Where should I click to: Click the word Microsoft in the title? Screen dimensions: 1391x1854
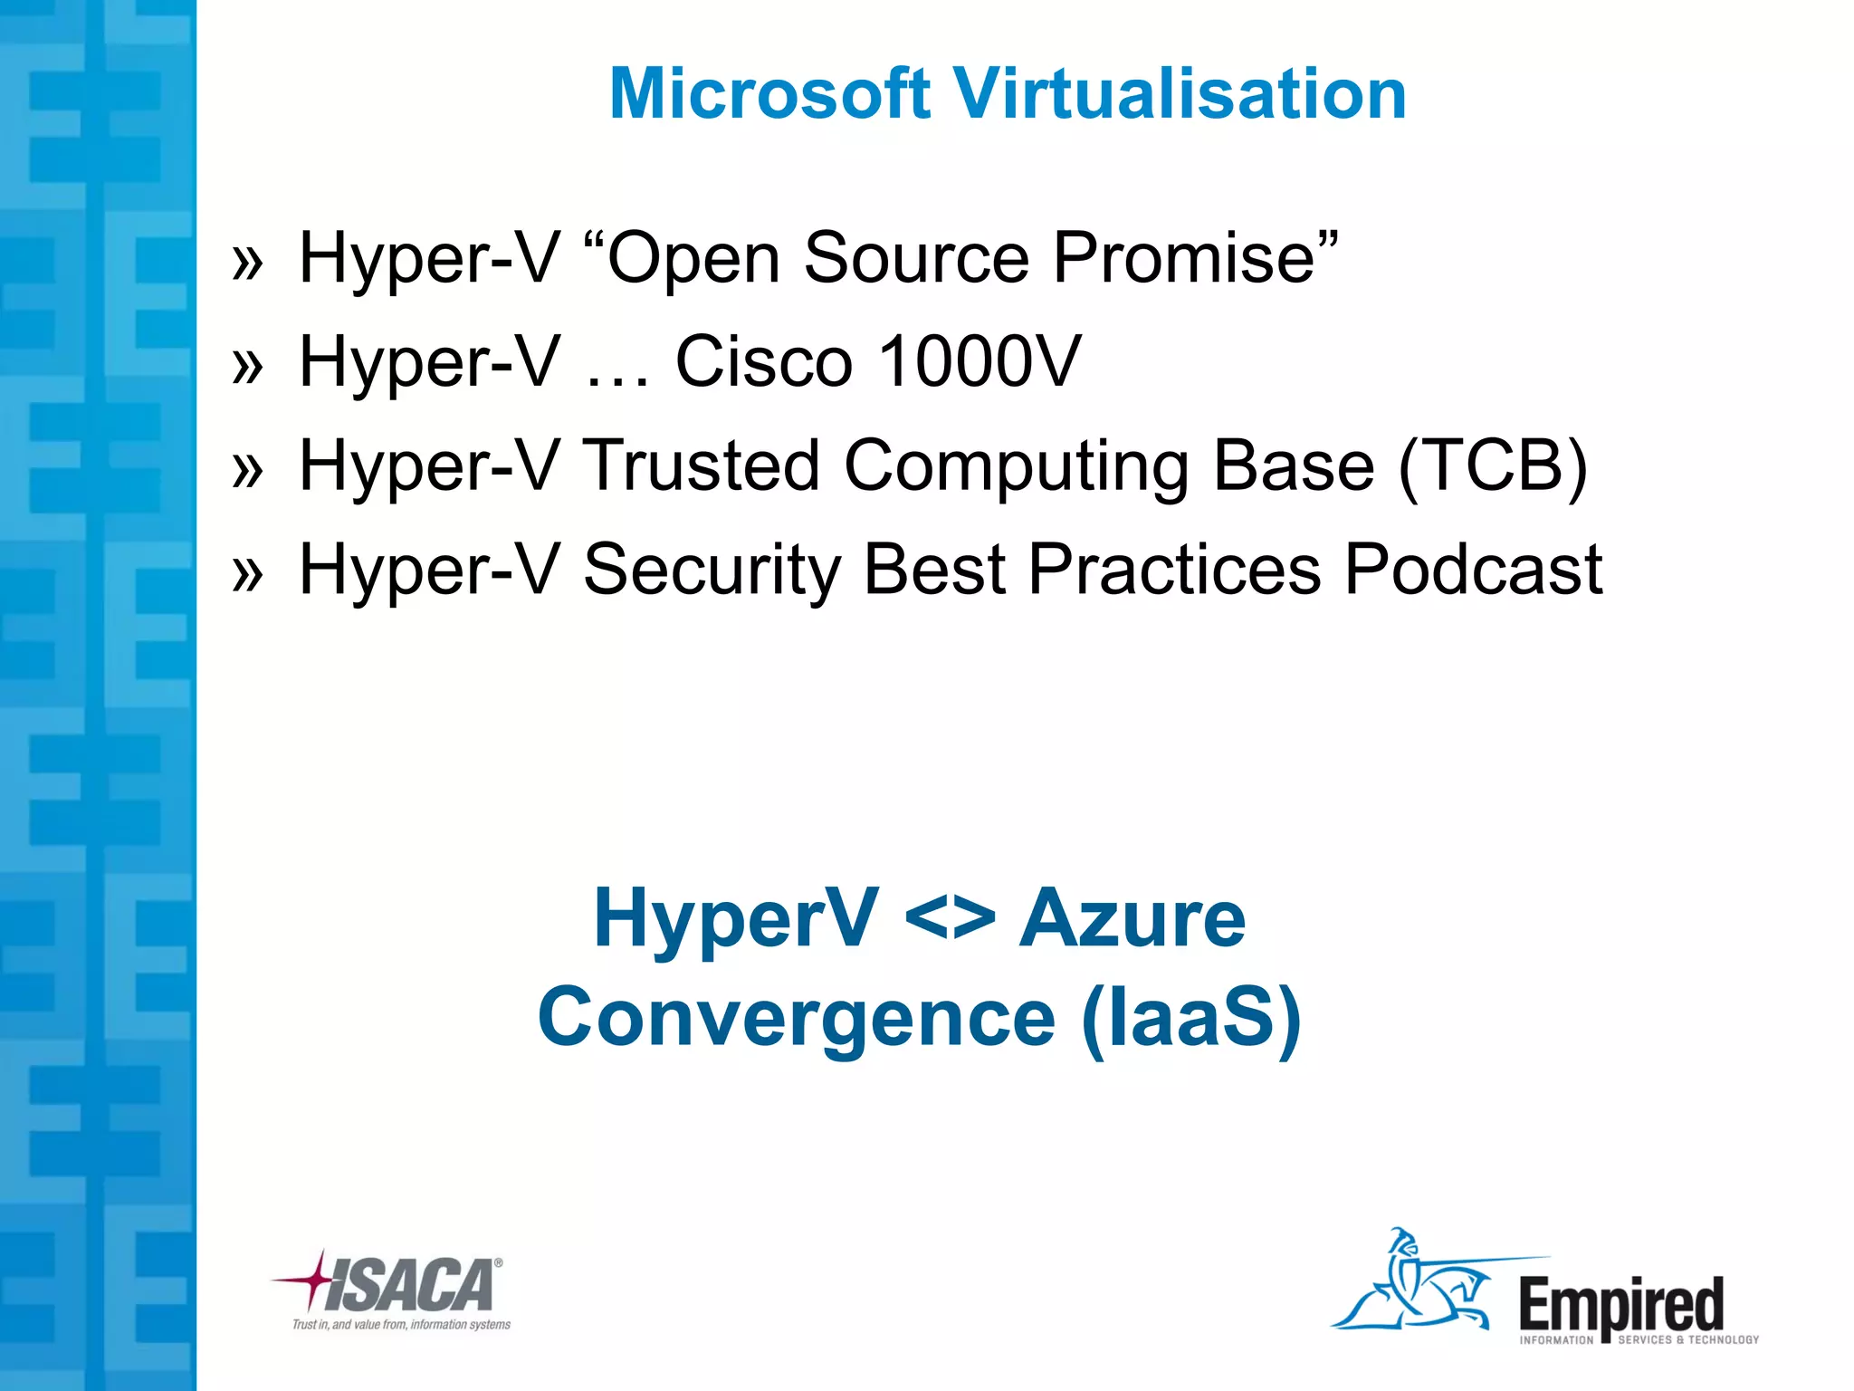[769, 93]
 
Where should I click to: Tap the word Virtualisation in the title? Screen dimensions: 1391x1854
[1180, 93]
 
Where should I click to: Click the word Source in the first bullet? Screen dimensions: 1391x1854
[915, 258]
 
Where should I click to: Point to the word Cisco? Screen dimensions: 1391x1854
[763, 361]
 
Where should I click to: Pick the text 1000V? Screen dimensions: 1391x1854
[980, 361]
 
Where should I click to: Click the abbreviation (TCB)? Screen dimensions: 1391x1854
[1493, 465]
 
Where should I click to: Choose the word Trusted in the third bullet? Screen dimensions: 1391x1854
[701, 465]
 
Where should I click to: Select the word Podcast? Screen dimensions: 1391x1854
[1473, 570]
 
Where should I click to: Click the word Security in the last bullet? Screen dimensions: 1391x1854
[712, 571]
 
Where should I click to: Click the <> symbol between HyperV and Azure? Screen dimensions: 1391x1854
[949, 918]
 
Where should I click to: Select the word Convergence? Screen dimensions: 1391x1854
[796, 1018]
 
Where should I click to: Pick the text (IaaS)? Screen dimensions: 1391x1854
[1190, 1018]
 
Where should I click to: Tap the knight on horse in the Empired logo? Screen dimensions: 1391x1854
[1412, 1282]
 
